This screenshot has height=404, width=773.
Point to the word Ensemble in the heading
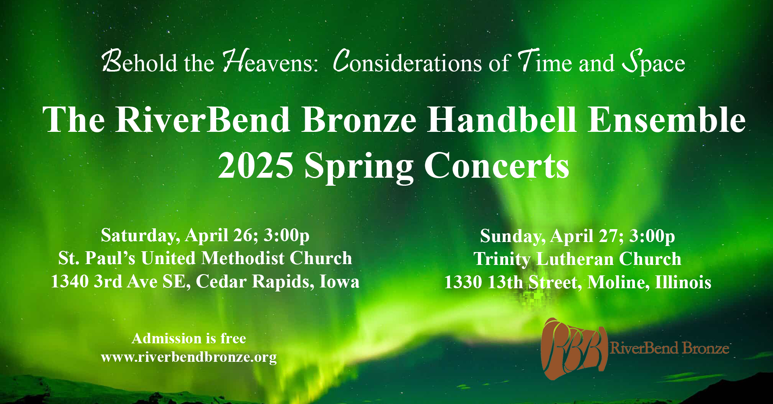(x=667, y=119)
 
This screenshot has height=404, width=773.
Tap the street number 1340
(x=70, y=281)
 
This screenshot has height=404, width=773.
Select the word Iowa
(x=339, y=281)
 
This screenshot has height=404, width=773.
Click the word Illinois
(x=683, y=282)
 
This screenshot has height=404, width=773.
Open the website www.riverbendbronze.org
(x=189, y=357)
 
